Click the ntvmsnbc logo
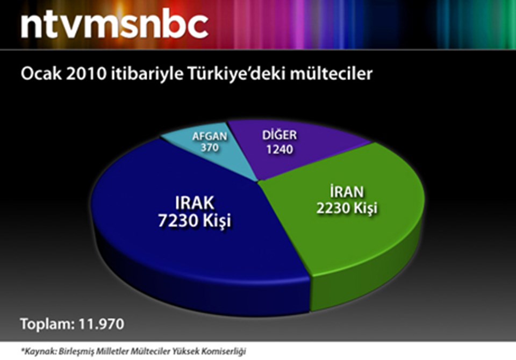114,25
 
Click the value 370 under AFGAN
210,147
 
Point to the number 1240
279,149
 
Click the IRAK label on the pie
195,203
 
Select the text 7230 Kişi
195,220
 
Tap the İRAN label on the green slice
347,191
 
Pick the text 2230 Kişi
347,208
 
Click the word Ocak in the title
41,74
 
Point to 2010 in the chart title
87,74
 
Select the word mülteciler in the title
331,74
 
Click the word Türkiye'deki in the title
236,74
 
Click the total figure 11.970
102,324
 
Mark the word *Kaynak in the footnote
39,351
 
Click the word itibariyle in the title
147,74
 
